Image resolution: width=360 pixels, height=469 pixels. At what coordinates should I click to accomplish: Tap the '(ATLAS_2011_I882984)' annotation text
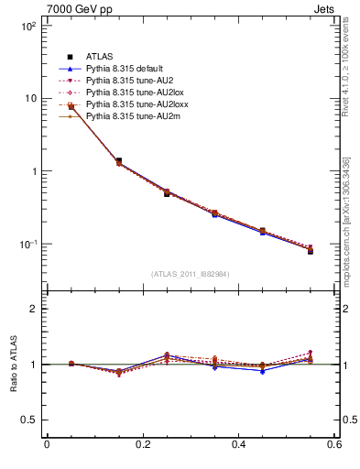click(190, 274)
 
